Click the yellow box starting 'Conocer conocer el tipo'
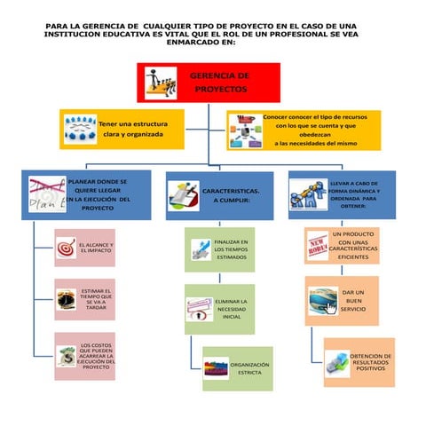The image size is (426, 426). point(303,130)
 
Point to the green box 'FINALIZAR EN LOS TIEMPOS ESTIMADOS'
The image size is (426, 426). point(219,249)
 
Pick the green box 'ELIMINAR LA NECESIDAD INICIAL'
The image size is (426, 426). point(219,309)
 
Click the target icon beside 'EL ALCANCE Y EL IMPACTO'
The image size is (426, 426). point(66,248)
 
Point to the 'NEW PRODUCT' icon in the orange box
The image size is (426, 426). point(317,243)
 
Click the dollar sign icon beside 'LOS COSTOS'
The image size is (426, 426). point(65,357)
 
